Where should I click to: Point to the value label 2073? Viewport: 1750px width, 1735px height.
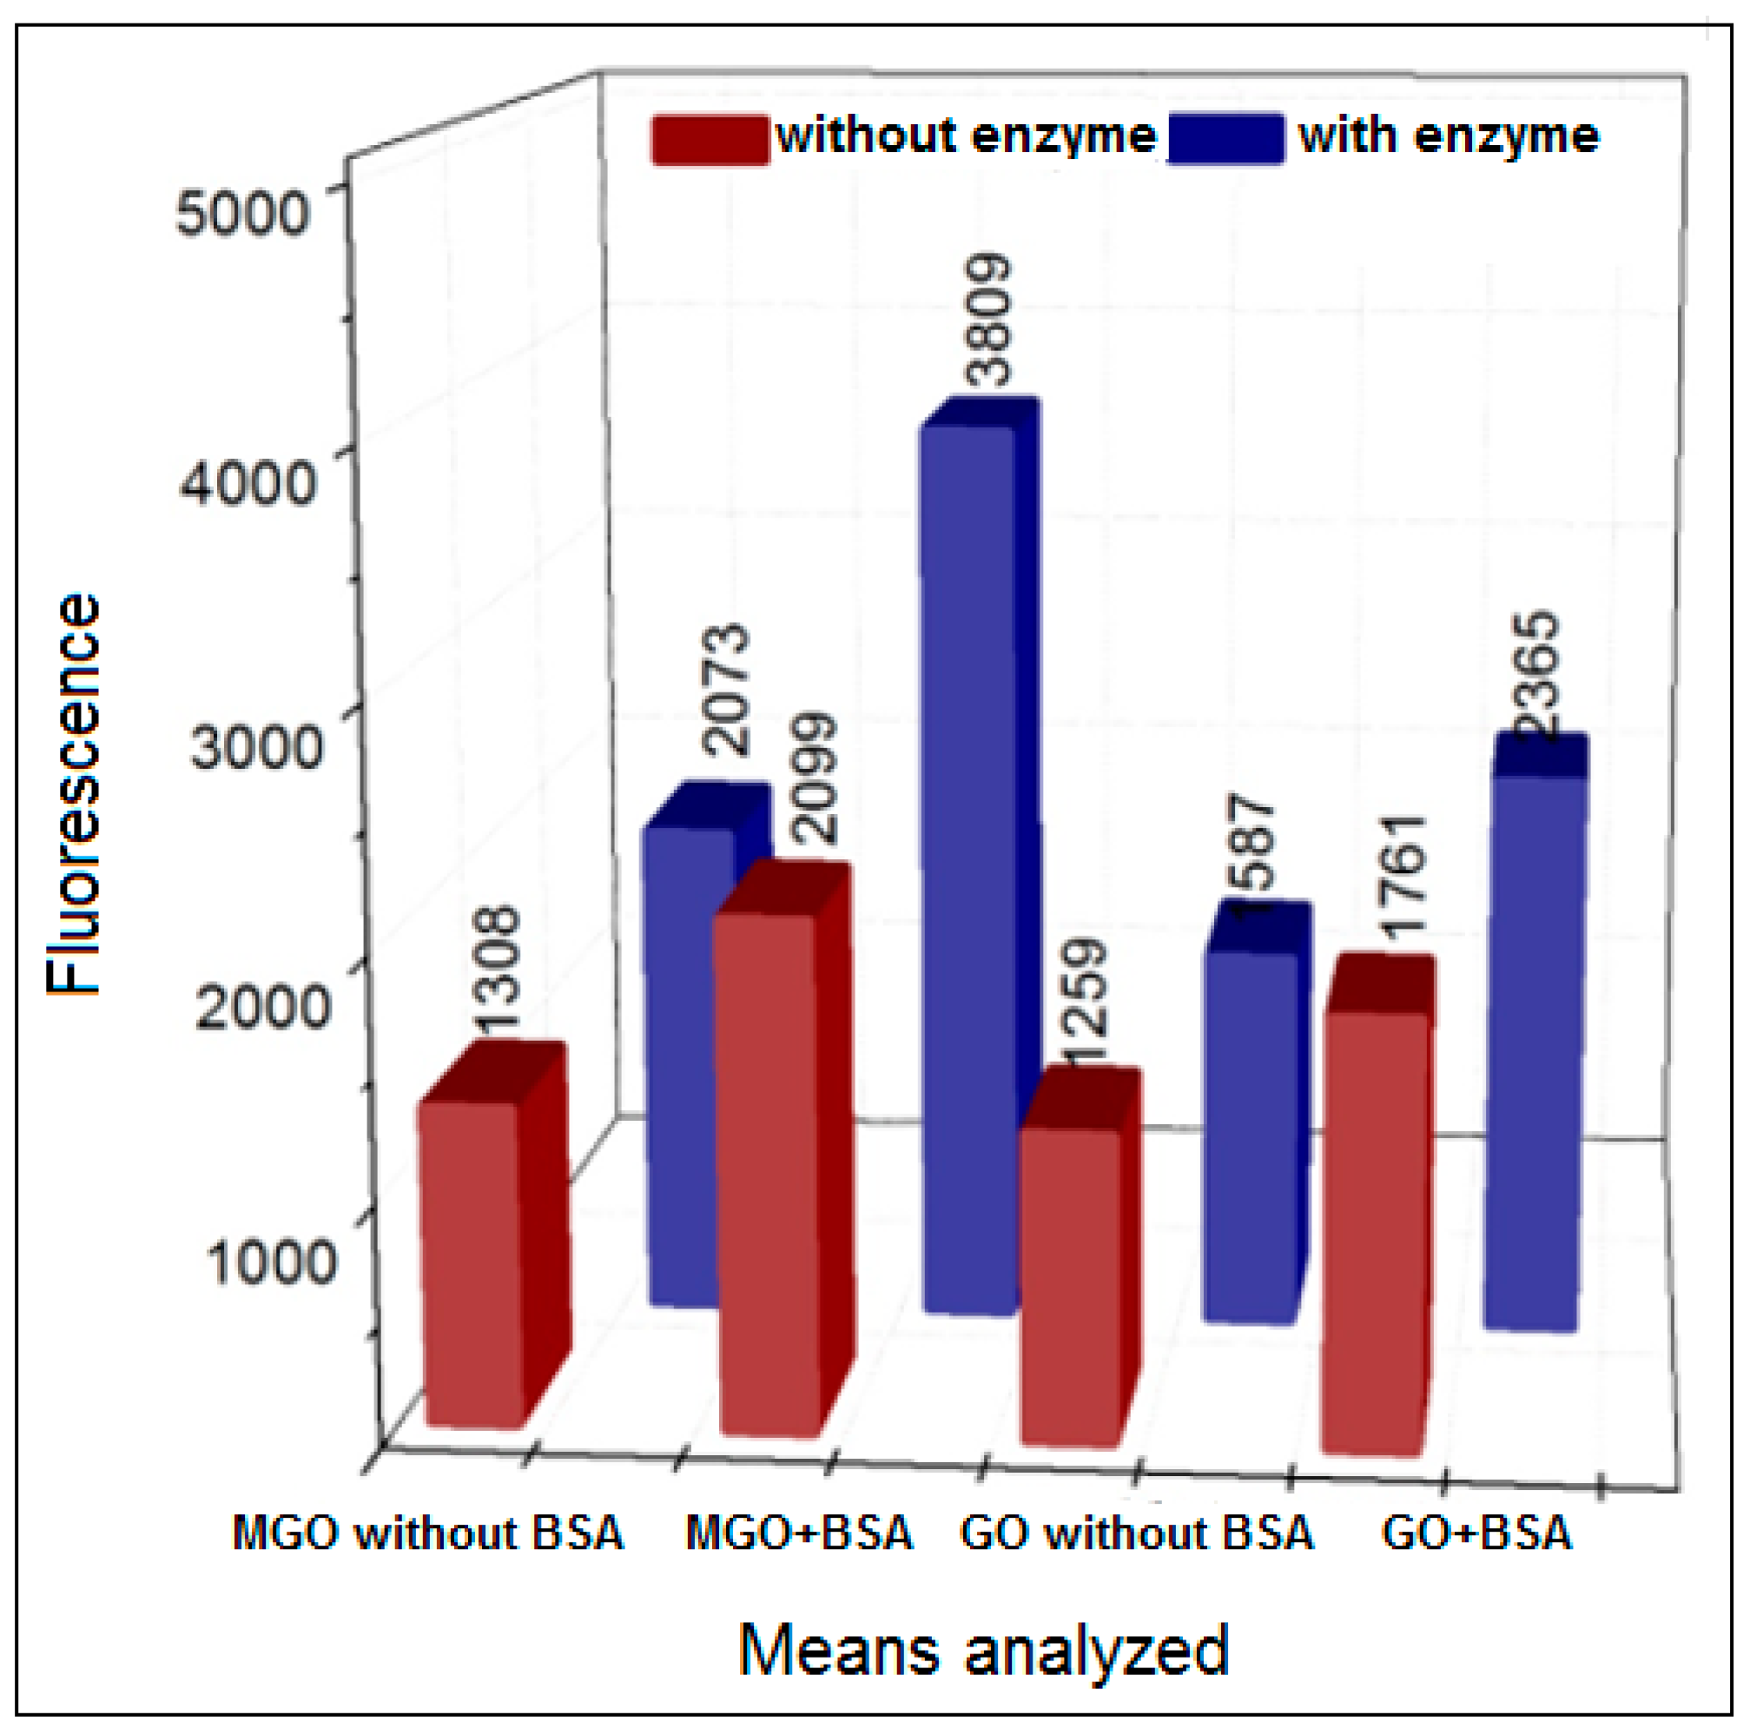click(727, 690)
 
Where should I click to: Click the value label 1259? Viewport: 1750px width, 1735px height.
click(1084, 1002)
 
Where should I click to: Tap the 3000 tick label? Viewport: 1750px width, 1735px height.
click(256, 747)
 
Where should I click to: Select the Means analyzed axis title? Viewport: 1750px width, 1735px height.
click(984, 1650)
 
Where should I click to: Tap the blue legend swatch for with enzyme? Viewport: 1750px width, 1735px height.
click(1226, 139)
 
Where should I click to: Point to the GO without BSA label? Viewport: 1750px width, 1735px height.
click(1136, 1533)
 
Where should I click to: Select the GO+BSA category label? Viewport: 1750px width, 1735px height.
click(1476, 1533)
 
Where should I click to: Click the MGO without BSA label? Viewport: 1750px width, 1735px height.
click(428, 1533)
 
